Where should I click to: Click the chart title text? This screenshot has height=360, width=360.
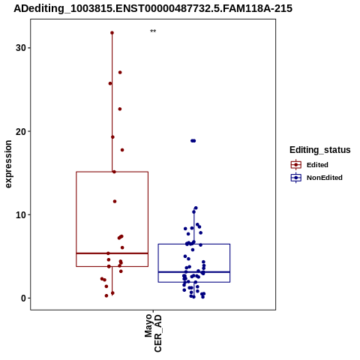(153, 8)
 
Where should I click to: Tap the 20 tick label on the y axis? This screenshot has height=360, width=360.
(21, 131)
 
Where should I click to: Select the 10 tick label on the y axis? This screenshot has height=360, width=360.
(21, 215)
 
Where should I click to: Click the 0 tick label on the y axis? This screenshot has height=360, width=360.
(24, 298)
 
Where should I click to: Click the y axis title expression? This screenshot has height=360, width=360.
(8, 164)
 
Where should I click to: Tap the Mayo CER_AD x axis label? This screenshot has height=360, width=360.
(153, 333)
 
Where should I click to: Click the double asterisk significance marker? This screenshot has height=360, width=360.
(153, 31)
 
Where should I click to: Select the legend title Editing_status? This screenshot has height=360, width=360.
(320, 150)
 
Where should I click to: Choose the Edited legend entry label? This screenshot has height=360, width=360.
(317, 165)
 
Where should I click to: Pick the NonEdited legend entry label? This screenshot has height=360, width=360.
(325, 178)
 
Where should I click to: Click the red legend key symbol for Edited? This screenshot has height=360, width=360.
(296, 165)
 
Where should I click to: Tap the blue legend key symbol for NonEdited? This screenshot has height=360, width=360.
(296, 178)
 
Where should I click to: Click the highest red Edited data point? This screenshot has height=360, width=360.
(112, 33)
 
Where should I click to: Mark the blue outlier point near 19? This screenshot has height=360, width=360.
(193, 141)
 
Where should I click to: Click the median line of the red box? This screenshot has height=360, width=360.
(112, 253)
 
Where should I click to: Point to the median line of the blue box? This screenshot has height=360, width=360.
(194, 272)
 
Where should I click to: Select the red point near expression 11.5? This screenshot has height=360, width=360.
(115, 202)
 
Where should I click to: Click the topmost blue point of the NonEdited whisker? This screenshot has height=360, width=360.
(196, 208)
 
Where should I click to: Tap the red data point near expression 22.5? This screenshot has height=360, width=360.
(120, 109)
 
